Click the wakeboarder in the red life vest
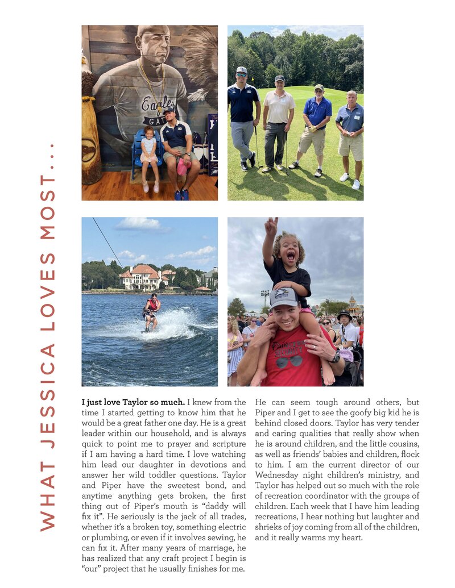pos(151,310)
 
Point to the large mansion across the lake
pos(140,277)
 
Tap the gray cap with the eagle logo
pos(284,297)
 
